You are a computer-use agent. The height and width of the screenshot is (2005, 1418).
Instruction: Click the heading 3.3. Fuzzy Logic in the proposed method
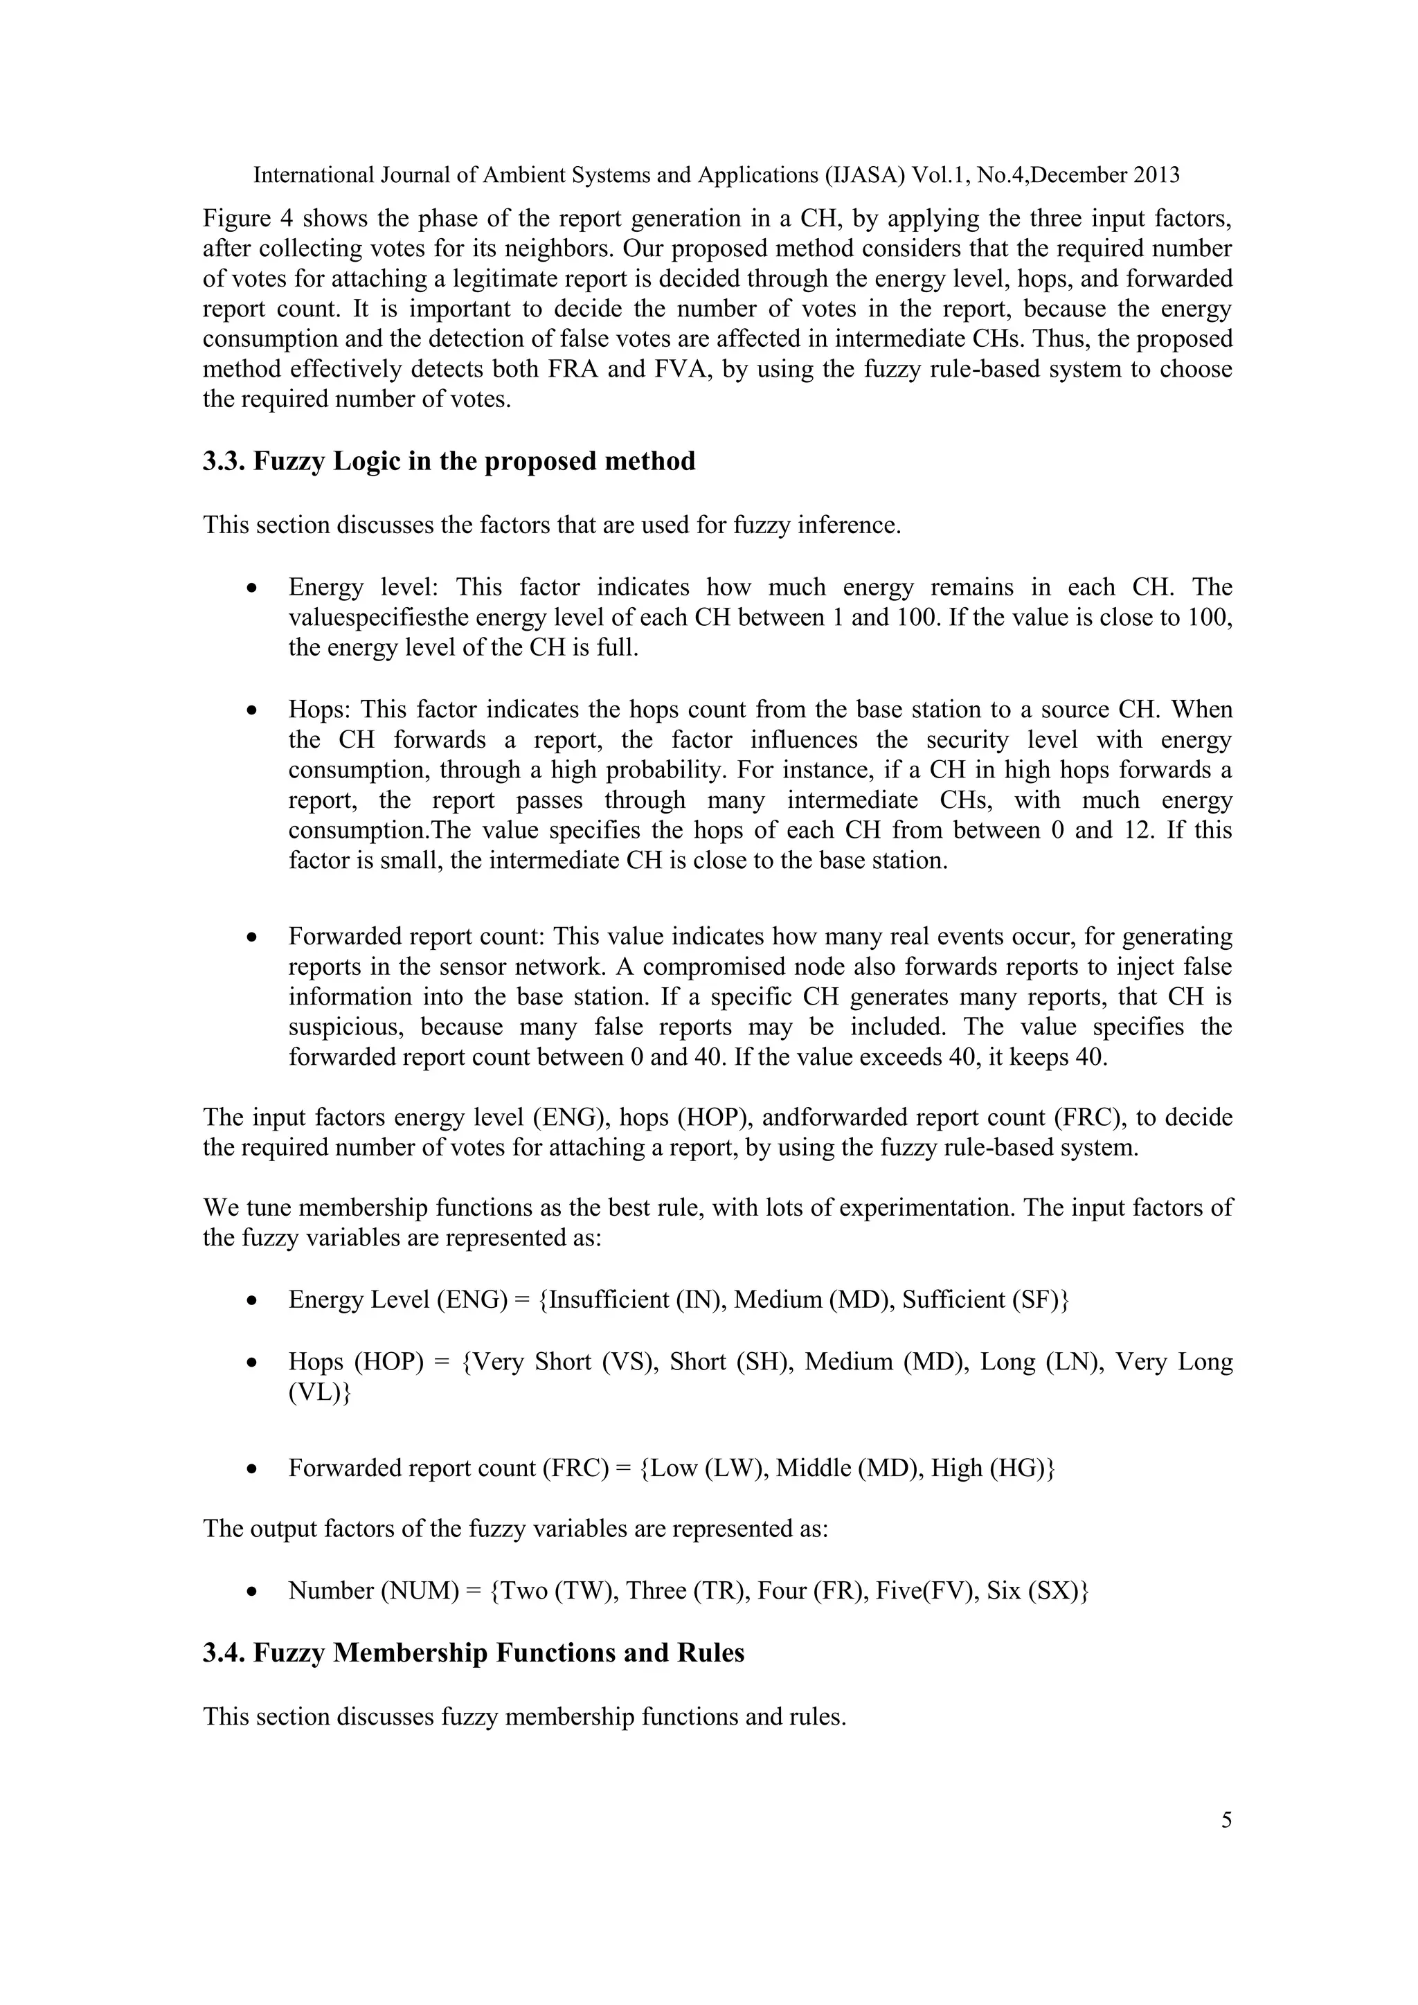pos(449,461)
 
